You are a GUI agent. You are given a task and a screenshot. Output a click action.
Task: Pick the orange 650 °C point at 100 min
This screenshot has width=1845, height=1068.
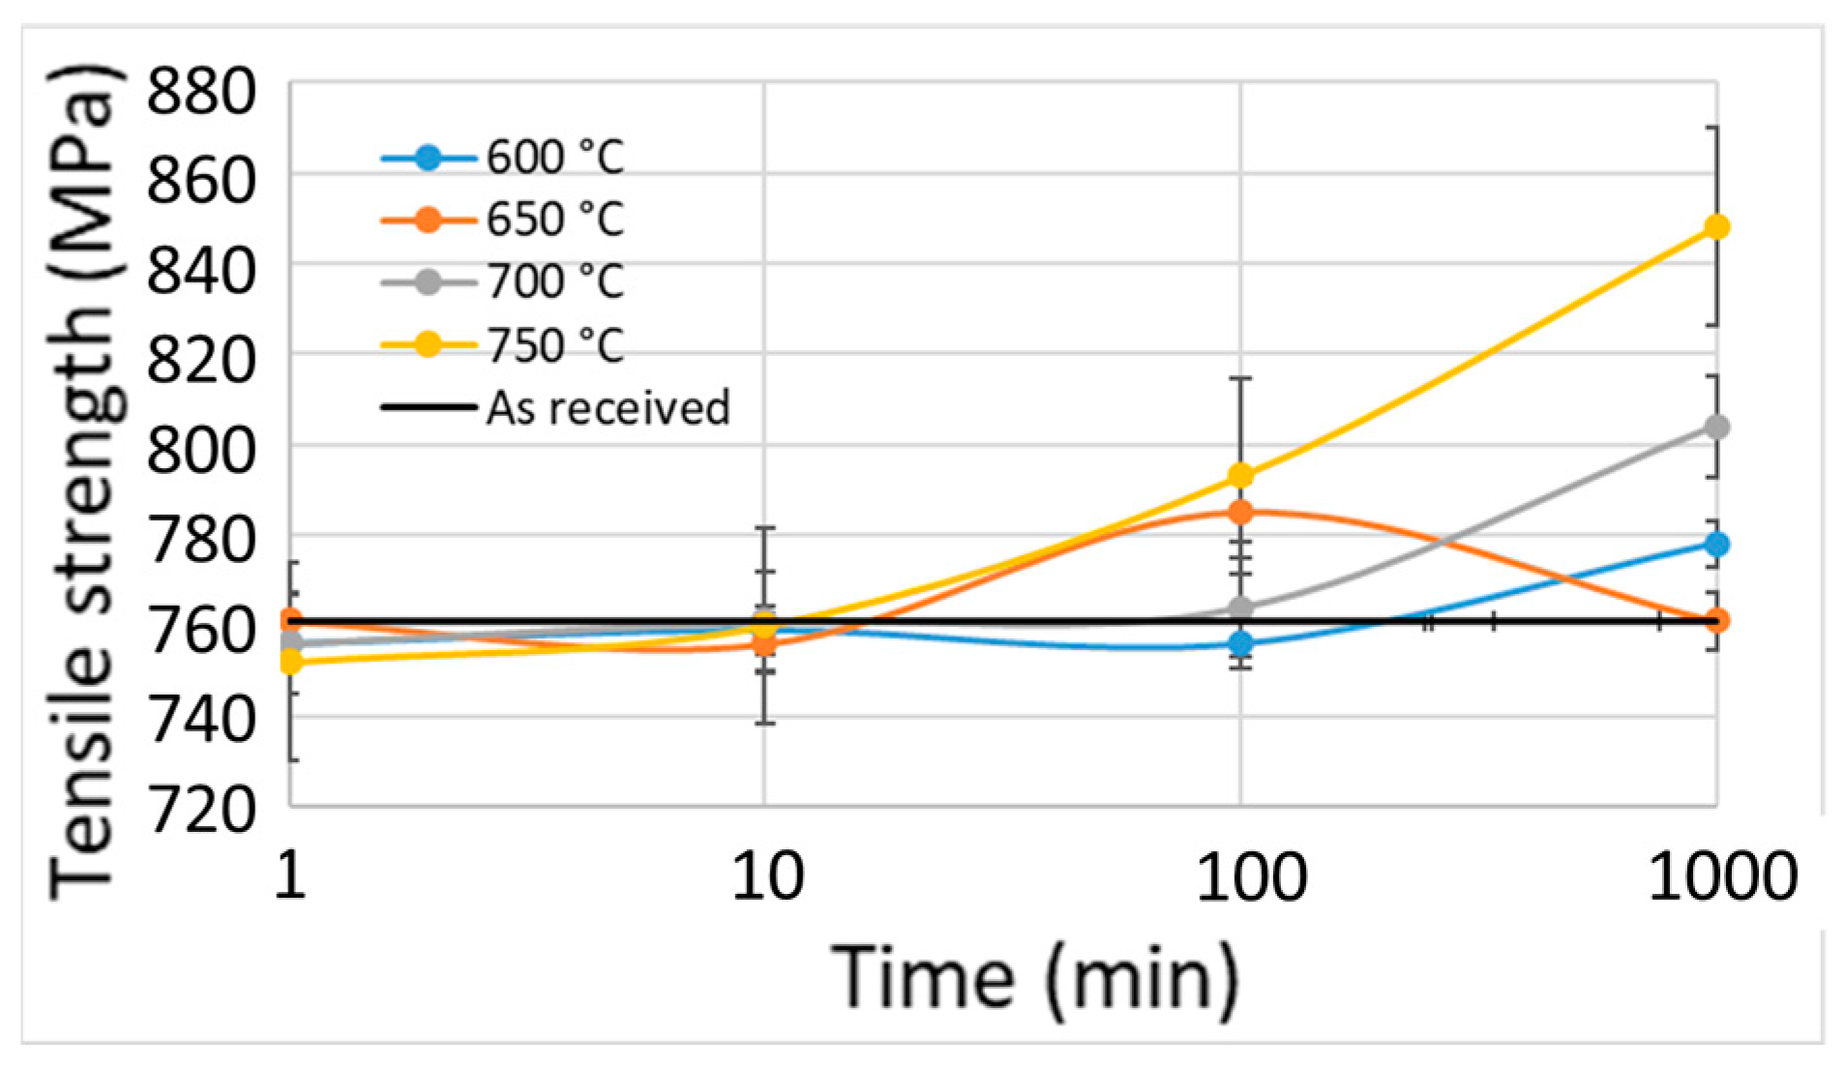(1240, 512)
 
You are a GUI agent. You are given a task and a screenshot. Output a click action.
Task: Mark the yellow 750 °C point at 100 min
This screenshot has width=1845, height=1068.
(1240, 476)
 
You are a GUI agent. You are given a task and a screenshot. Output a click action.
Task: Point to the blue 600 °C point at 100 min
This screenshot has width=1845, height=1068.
(1240, 643)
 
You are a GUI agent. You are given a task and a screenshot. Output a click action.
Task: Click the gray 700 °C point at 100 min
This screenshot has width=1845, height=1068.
(1240, 608)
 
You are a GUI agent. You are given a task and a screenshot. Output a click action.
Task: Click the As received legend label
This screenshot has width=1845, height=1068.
(608, 408)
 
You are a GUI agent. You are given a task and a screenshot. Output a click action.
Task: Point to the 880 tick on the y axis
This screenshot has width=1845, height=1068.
(201, 93)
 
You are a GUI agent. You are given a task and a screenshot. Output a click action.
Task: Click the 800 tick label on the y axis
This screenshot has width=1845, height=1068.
(201, 447)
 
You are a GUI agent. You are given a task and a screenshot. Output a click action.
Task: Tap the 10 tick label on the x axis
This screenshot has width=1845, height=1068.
(766, 878)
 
